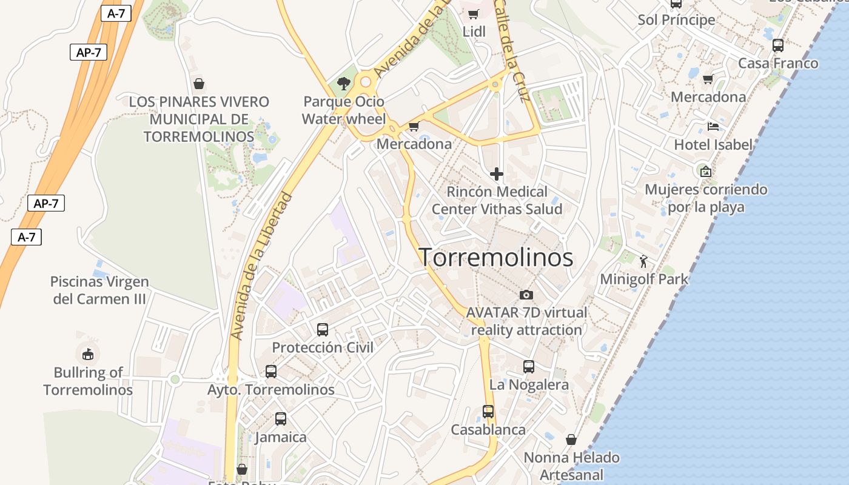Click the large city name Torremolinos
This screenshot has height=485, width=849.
496,258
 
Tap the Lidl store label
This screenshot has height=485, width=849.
474,32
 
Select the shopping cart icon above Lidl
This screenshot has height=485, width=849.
474,14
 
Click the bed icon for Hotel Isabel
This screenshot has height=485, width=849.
713,127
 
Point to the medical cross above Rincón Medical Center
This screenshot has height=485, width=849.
497,175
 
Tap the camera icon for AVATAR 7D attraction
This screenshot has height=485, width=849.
526,295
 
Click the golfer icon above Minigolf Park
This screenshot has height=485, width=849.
643,261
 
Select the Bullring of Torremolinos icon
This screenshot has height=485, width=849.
88,353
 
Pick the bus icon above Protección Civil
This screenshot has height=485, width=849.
323,330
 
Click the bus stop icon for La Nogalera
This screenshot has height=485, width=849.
529,367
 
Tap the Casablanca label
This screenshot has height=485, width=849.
488,430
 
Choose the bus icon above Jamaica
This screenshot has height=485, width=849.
281,419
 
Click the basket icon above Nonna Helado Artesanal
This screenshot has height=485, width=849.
571,440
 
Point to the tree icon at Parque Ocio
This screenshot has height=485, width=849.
344,84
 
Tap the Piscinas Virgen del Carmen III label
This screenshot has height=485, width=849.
100,290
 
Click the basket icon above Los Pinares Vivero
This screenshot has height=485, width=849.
198,84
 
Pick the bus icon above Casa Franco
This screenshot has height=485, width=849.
778,45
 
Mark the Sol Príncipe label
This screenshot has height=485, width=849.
676,20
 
